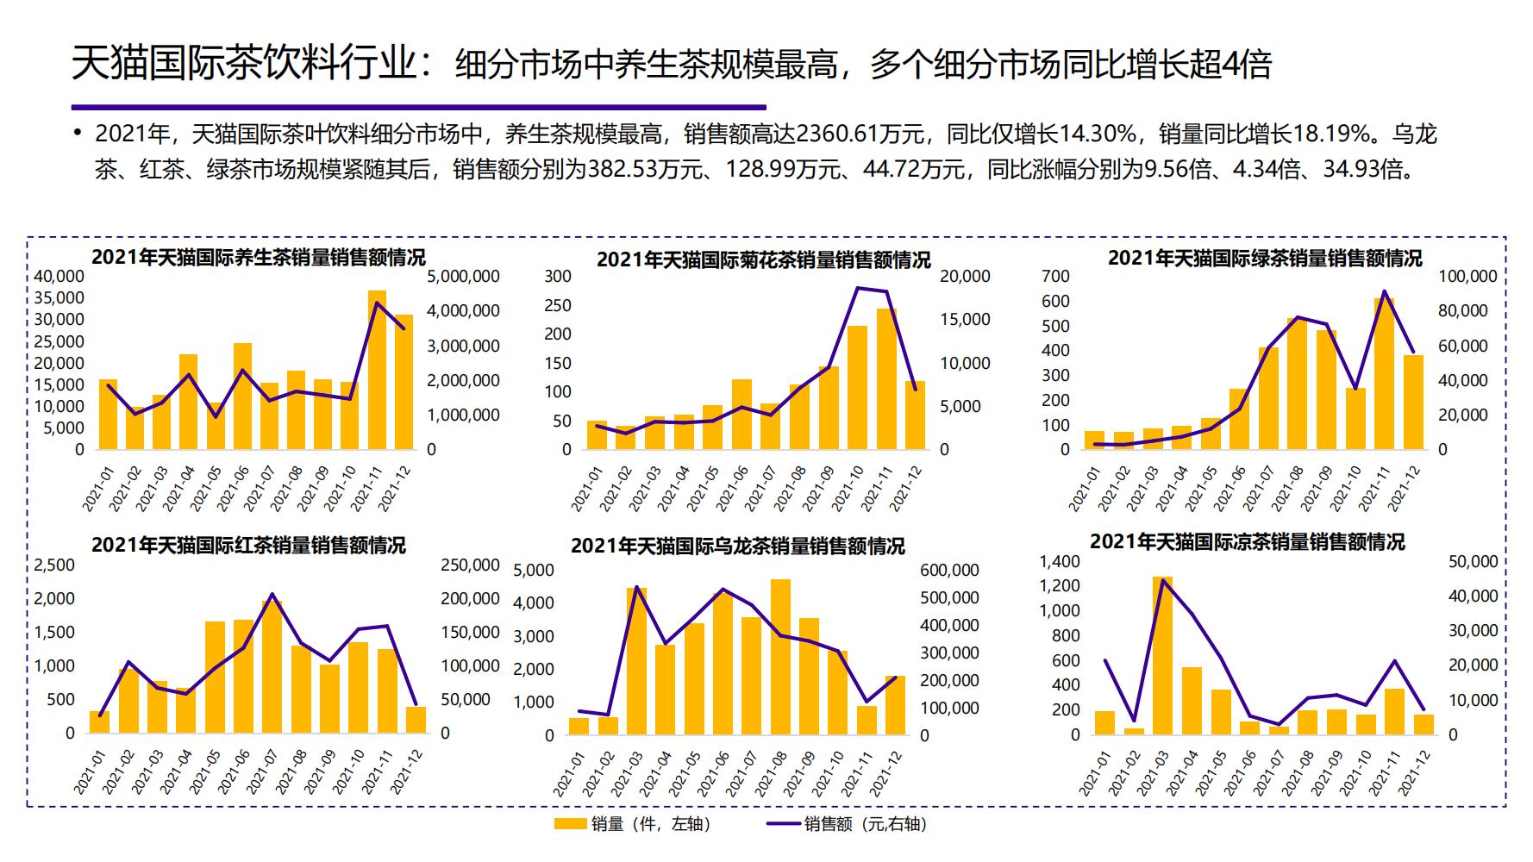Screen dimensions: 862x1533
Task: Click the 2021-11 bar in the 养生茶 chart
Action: click(x=377, y=371)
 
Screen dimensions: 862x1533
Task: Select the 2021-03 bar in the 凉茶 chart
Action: click(x=1161, y=655)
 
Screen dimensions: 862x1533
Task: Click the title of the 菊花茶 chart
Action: click(x=763, y=259)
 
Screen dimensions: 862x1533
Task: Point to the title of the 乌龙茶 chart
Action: click(x=737, y=547)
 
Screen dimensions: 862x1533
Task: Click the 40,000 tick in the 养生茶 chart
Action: click(x=59, y=277)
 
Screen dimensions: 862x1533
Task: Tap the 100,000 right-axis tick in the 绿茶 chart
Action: click(x=1467, y=277)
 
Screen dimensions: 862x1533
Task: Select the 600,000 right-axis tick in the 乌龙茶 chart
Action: click(x=949, y=571)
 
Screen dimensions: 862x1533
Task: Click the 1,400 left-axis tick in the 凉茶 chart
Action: click(x=1059, y=562)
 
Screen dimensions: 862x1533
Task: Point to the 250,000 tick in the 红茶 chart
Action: click(x=470, y=565)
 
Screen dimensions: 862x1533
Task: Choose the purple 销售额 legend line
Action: click(x=783, y=824)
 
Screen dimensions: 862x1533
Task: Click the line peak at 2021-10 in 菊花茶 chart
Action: click(x=858, y=288)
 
